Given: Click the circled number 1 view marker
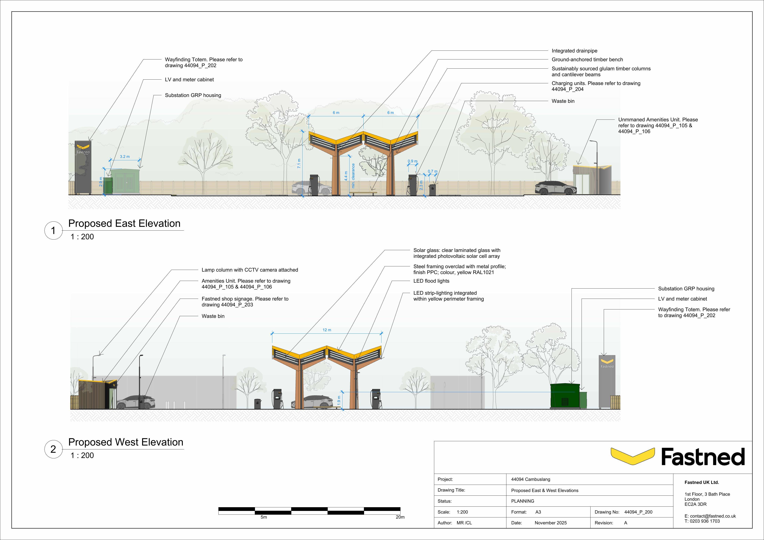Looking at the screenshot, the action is click(53, 230).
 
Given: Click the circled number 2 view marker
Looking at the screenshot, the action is click(53, 449).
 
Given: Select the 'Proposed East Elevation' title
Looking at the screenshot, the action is click(124, 223).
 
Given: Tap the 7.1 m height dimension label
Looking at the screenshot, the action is click(299, 163).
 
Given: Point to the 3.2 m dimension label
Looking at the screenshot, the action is click(125, 157).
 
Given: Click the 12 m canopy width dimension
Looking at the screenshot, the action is click(327, 330).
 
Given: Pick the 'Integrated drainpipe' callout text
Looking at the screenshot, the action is click(574, 51).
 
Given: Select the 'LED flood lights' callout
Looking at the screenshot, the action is click(431, 281).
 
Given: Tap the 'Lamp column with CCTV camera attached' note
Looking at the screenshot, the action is click(250, 270).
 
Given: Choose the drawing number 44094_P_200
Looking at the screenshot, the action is click(638, 512).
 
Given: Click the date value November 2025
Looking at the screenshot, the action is click(550, 523).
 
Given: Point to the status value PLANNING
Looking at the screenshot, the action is click(522, 501).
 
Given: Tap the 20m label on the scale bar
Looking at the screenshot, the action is click(400, 517).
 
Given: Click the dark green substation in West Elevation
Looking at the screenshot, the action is click(564, 396).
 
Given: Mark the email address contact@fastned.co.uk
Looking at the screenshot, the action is click(713, 516).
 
